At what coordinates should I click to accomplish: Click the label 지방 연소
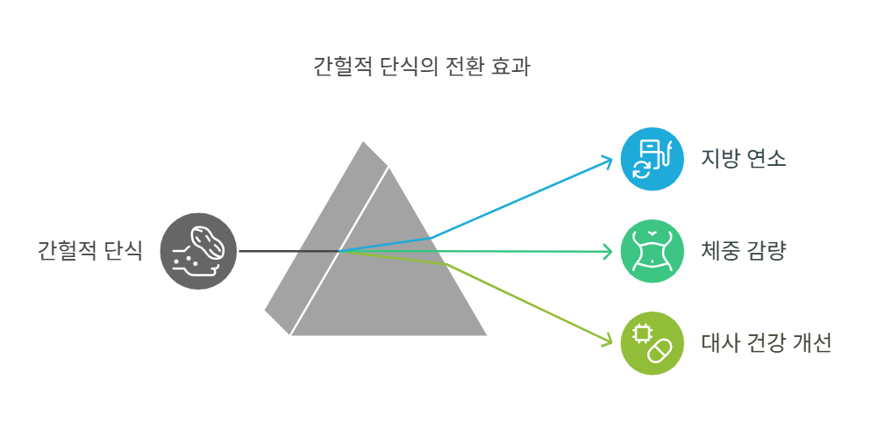(x=743, y=160)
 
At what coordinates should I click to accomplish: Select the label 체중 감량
(x=743, y=252)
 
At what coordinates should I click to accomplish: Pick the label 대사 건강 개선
(x=766, y=343)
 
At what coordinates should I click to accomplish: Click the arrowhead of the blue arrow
(x=608, y=160)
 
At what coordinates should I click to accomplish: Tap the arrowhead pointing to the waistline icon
(x=608, y=253)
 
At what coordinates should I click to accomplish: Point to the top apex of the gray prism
(x=363, y=142)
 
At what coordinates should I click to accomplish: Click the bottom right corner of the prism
(x=485, y=334)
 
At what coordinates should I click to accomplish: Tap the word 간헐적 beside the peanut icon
(x=67, y=251)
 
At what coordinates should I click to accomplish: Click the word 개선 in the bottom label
(x=813, y=343)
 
